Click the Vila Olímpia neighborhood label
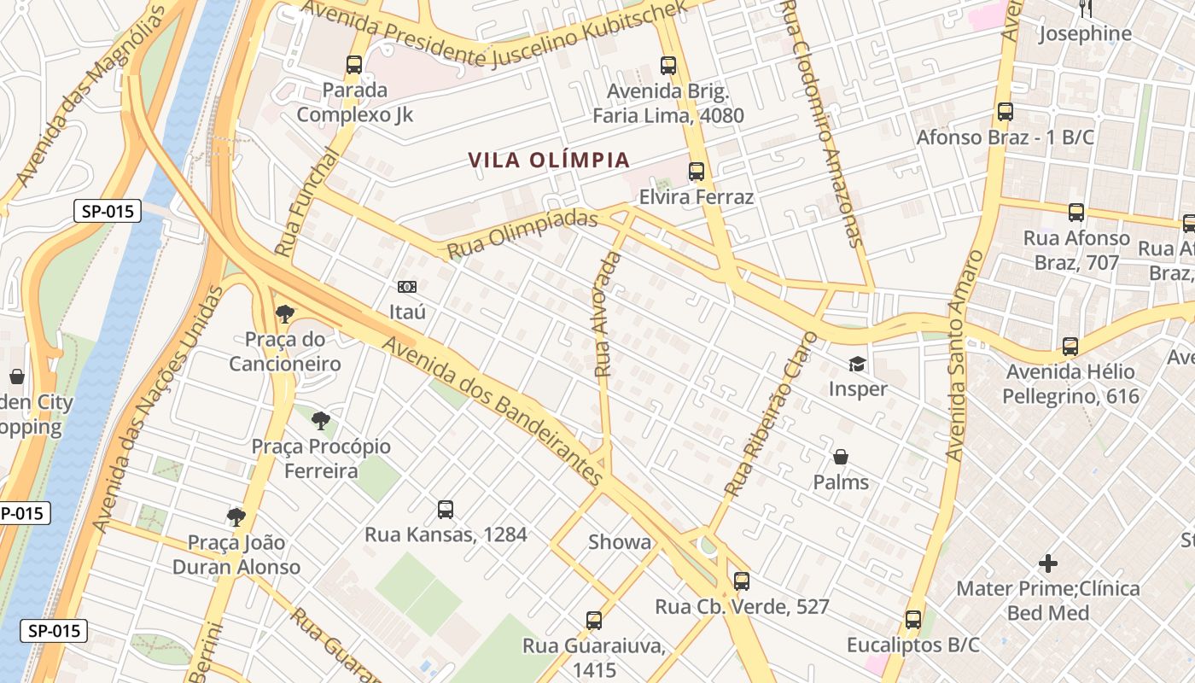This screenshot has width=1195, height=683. pyautogui.click(x=550, y=160)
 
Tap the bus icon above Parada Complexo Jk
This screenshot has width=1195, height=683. pyautogui.click(x=354, y=64)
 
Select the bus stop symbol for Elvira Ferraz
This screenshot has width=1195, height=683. pyautogui.click(x=697, y=172)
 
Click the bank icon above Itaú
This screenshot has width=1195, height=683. pyautogui.click(x=407, y=287)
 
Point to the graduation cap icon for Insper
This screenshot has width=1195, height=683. pyautogui.click(x=857, y=365)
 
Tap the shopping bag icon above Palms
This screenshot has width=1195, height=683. pyautogui.click(x=841, y=458)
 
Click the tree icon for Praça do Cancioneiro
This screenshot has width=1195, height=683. pyautogui.click(x=285, y=314)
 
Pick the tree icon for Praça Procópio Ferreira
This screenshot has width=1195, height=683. pyautogui.click(x=321, y=420)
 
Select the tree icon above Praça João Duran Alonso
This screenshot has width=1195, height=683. pyautogui.click(x=236, y=517)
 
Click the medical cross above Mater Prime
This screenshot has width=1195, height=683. pyautogui.click(x=1048, y=563)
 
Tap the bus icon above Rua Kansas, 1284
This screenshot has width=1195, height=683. pyautogui.click(x=446, y=510)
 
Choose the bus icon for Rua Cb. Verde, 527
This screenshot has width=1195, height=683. pyautogui.click(x=742, y=581)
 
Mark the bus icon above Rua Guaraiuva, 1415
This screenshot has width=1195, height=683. pyautogui.click(x=594, y=621)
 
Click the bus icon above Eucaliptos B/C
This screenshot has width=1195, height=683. pyautogui.click(x=913, y=620)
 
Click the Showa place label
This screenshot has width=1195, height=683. pyautogui.click(x=620, y=542)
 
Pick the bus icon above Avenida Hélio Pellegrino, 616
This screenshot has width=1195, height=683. pyautogui.click(x=1070, y=347)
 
